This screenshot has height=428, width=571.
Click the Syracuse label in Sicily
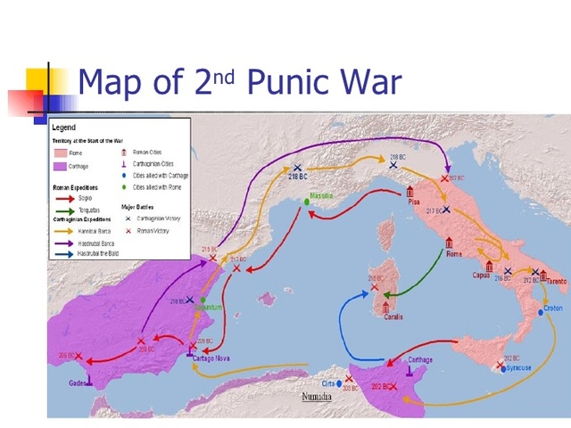(x=516, y=367)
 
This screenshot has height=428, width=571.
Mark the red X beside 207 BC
(x=445, y=178)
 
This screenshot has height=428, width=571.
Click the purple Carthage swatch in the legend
(x=60, y=167)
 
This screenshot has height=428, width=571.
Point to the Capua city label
(x=482, y=276)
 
